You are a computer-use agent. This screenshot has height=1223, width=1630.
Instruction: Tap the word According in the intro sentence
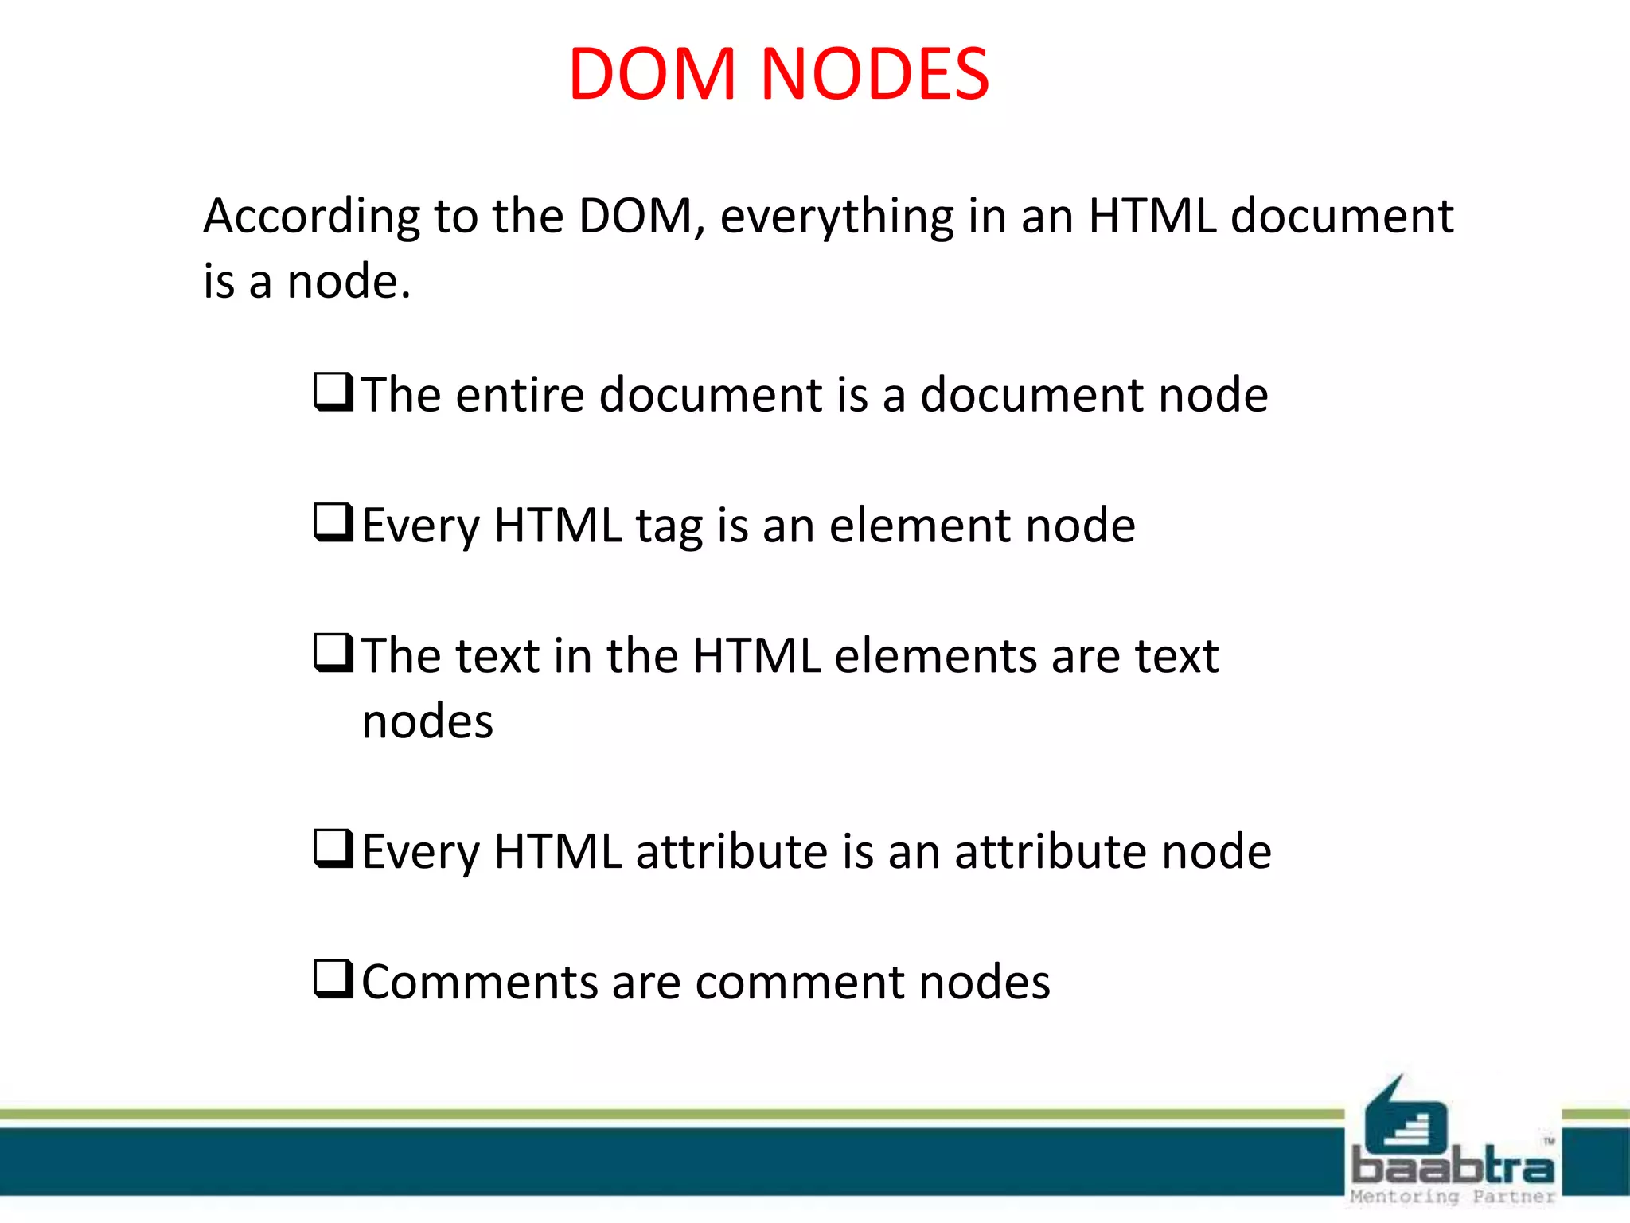point(311,217)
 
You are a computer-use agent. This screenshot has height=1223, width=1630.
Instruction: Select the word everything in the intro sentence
point(836,217)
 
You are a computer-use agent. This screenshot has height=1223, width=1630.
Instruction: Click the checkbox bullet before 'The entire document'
point(333,392)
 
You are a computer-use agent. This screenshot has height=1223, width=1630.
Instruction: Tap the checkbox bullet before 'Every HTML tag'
point(333,522)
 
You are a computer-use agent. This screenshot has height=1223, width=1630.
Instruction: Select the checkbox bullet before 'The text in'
point(333,653)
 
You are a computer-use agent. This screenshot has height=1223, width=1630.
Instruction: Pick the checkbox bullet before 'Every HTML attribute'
point(333,849)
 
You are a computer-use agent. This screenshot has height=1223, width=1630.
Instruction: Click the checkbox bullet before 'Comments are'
point(333,979)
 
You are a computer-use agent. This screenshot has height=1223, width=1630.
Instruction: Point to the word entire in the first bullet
point(521,395)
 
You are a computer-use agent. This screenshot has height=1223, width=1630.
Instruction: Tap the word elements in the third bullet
point(935,656)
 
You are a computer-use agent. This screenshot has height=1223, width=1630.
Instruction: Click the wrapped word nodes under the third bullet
point(427,722)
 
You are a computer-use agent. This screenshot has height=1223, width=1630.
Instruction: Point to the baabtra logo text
point(1453,1166)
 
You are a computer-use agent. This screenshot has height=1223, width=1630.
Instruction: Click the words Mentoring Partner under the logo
point(1453,1197)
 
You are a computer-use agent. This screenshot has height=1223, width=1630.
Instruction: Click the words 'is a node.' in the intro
point(307,282)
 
